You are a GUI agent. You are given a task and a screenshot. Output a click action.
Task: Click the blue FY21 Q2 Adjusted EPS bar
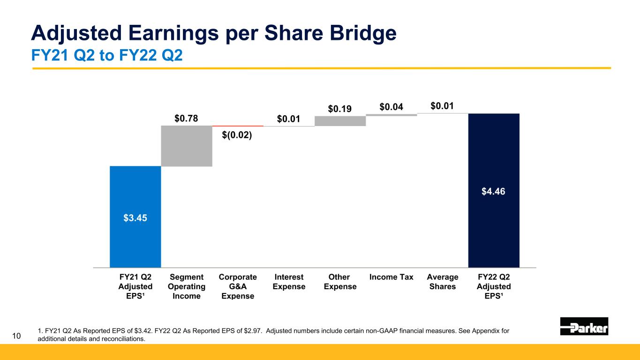tap(136, 217)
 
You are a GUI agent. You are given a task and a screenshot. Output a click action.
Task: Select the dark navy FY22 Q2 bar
tap(494, 191)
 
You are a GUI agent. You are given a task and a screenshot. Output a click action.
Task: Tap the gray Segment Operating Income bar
tap(187, 146)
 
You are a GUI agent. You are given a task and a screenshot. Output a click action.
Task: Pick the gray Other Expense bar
tap(340, 121)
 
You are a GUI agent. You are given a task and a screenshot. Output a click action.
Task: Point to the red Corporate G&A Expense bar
tap(238, 126)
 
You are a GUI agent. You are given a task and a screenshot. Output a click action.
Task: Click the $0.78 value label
tap(186, 118)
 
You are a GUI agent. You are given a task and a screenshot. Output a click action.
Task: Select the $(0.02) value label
tap(237, 135)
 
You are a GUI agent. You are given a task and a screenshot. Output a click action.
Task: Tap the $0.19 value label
tap(340, 109)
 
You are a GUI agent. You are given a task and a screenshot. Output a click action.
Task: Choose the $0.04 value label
tap(391, 107)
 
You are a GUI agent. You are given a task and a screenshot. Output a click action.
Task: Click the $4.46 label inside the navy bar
tap(493, 191)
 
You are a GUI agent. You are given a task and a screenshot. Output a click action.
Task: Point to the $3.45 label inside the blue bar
tap(135, 218)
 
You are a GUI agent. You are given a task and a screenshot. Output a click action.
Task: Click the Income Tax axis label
tap(391, 277)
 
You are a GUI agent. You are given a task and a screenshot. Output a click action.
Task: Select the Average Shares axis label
tap(443, 282)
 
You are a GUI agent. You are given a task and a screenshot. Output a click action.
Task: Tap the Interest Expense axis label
tap(289, 282)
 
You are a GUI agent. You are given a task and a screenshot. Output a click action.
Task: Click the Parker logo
tap(584, 326)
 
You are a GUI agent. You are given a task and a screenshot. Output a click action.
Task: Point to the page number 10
tap(16, 336)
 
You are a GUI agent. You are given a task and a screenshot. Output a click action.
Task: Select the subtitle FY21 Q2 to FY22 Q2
tap(107, 55)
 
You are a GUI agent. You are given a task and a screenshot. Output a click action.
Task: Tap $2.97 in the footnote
tap(253, 331)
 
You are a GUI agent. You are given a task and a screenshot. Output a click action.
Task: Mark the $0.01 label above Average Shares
tap(442, 106)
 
